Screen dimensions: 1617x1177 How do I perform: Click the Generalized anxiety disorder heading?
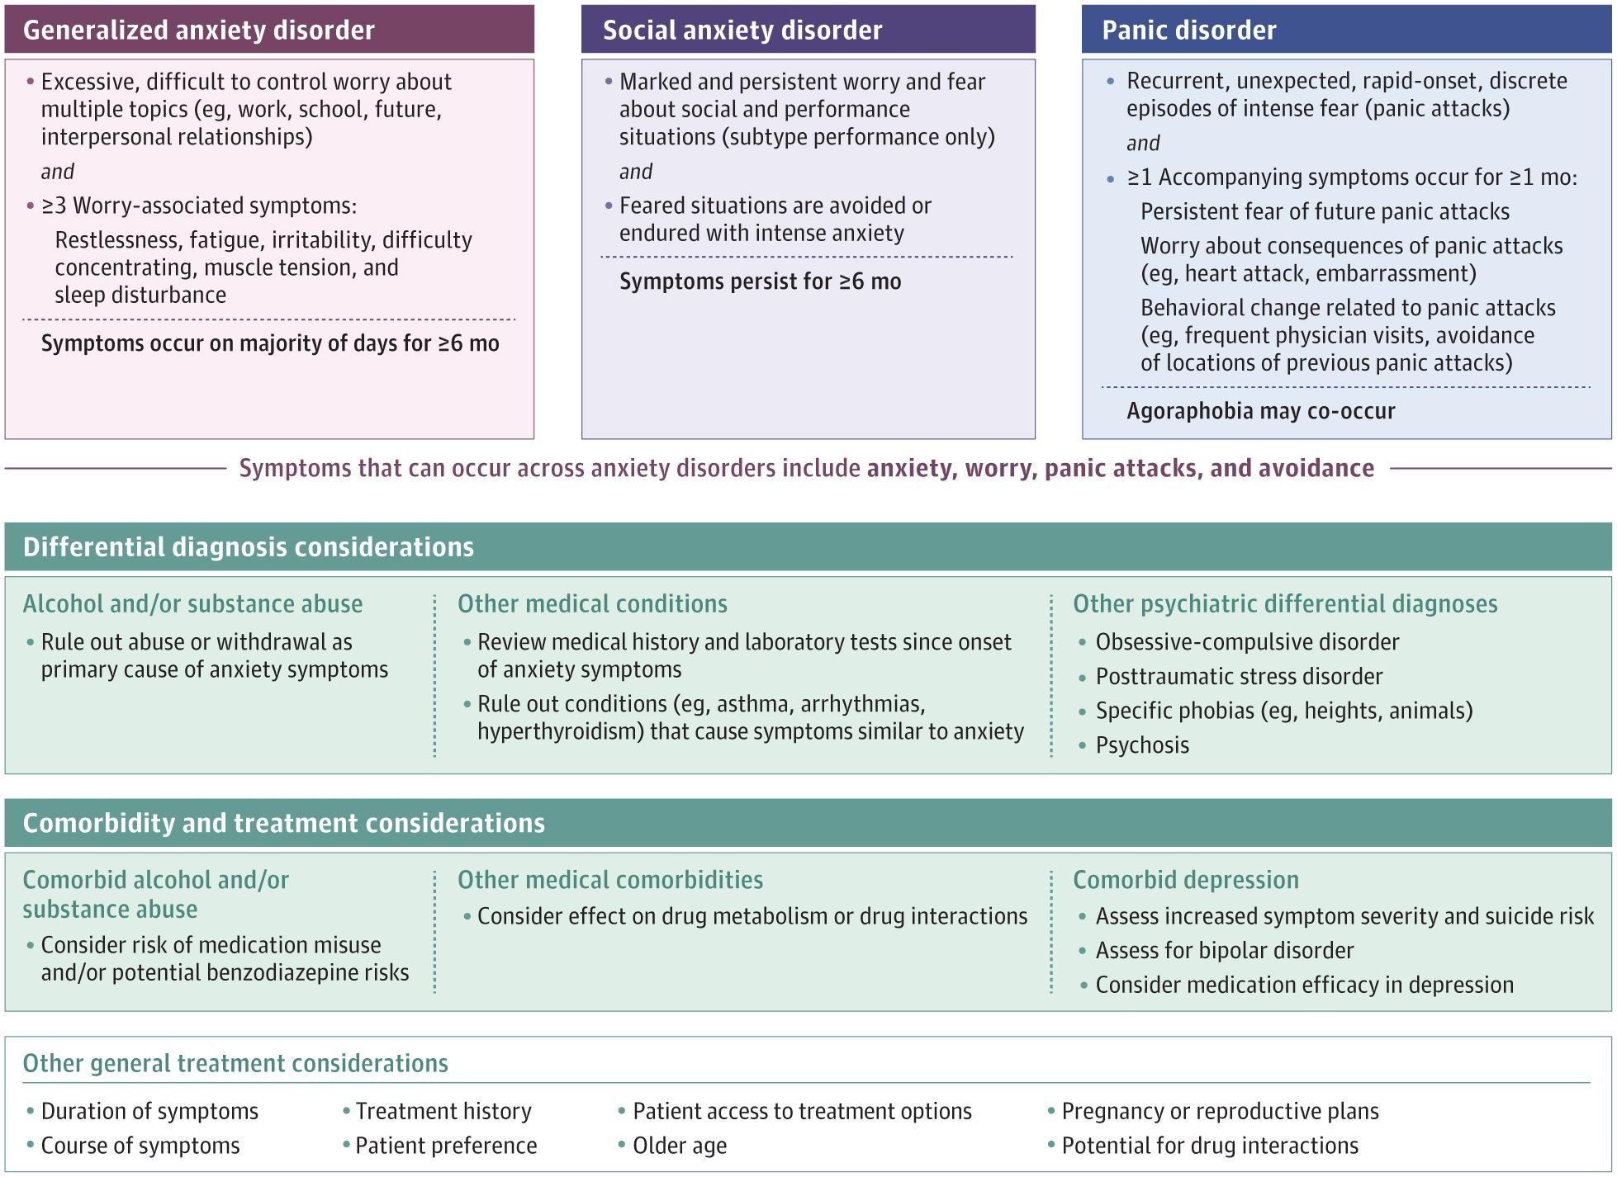(199, 31)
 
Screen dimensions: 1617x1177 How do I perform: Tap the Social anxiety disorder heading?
(742, 31)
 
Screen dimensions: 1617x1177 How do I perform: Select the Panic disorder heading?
(1189, 31)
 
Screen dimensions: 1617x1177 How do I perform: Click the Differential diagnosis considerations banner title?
(249, 547)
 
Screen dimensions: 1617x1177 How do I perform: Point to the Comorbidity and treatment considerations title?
(284, 823)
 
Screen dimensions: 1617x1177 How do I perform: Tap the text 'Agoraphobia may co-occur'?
(1261, 411)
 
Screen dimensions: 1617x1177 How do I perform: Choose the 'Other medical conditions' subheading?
(592, 604)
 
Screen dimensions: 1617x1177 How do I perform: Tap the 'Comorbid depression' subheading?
(1186, 880)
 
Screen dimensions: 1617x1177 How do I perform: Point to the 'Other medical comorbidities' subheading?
(610, 880)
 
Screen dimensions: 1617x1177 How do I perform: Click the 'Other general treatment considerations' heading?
(235, 1063)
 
